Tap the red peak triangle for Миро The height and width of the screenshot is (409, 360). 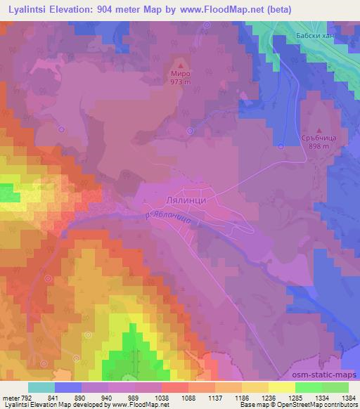[x=180, y=63]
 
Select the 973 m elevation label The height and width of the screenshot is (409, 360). [x=180, y=81]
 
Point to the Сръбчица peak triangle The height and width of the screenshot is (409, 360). [x=319, y=130]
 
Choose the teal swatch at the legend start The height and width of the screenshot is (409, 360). [x=41, y=387]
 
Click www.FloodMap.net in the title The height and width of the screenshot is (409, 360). [x=219, y=9]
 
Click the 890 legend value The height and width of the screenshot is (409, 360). [x=80, y=397]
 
